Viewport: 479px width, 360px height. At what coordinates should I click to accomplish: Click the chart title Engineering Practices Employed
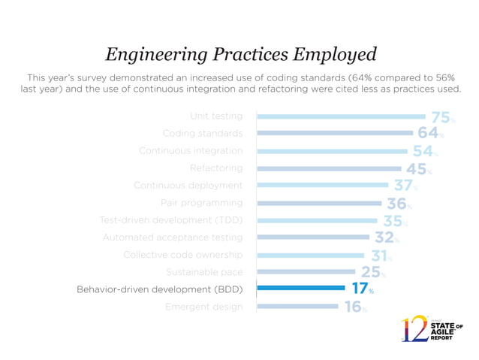[x=239, y=54]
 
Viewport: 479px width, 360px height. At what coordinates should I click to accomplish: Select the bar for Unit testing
[x=341, y=116]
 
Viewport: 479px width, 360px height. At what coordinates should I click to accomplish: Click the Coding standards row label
[x=203, y=134]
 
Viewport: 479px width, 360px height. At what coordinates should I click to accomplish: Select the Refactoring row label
[x=216, y=168]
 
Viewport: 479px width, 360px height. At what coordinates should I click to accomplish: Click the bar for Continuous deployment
[x=322, y=185]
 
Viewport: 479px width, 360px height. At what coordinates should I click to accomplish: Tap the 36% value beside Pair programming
[x=399, y=203]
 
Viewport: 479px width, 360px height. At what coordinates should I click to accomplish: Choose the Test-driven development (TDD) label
[x=171, y=220]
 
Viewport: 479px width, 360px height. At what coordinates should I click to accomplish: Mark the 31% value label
[x=381, y=255]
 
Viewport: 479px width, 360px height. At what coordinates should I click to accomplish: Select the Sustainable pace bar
[x=306, y=271]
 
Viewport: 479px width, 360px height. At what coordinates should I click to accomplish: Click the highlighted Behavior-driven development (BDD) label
[x=160, y=289]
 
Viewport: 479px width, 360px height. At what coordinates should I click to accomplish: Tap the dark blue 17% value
[x=363, y=289]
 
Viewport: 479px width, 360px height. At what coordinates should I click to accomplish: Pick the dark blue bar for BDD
[x=300, y=289]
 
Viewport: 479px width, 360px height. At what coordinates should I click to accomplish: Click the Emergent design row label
[x=204, y=307]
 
